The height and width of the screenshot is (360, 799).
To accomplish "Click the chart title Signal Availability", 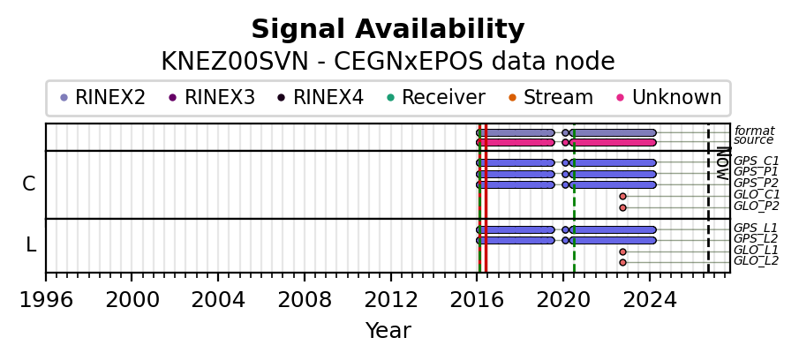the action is [388, 29].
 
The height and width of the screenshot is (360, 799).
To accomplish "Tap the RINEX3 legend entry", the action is [213, 97].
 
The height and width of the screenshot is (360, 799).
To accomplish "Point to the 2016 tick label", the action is [477, 300].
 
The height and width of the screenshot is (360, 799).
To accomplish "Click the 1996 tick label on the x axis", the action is [46, 300].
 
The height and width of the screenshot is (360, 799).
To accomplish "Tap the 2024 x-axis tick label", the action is [650, 300].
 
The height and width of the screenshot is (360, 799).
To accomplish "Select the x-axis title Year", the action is [388, 331].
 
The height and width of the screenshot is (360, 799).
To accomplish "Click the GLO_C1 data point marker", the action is [622, 197].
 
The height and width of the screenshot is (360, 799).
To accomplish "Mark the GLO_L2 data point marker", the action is [622, 263].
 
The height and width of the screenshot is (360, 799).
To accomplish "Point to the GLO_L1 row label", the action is [757, 250].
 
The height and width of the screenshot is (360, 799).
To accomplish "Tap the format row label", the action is [755, 131].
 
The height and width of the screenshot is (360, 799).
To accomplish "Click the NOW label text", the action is [722, 163].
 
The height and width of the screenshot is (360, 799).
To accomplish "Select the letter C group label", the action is [29, 184].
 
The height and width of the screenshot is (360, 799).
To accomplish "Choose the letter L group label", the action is [31, 245].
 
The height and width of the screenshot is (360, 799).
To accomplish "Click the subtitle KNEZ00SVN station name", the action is [235, 62].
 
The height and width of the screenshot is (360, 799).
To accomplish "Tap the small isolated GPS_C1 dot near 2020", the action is [565, 163].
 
